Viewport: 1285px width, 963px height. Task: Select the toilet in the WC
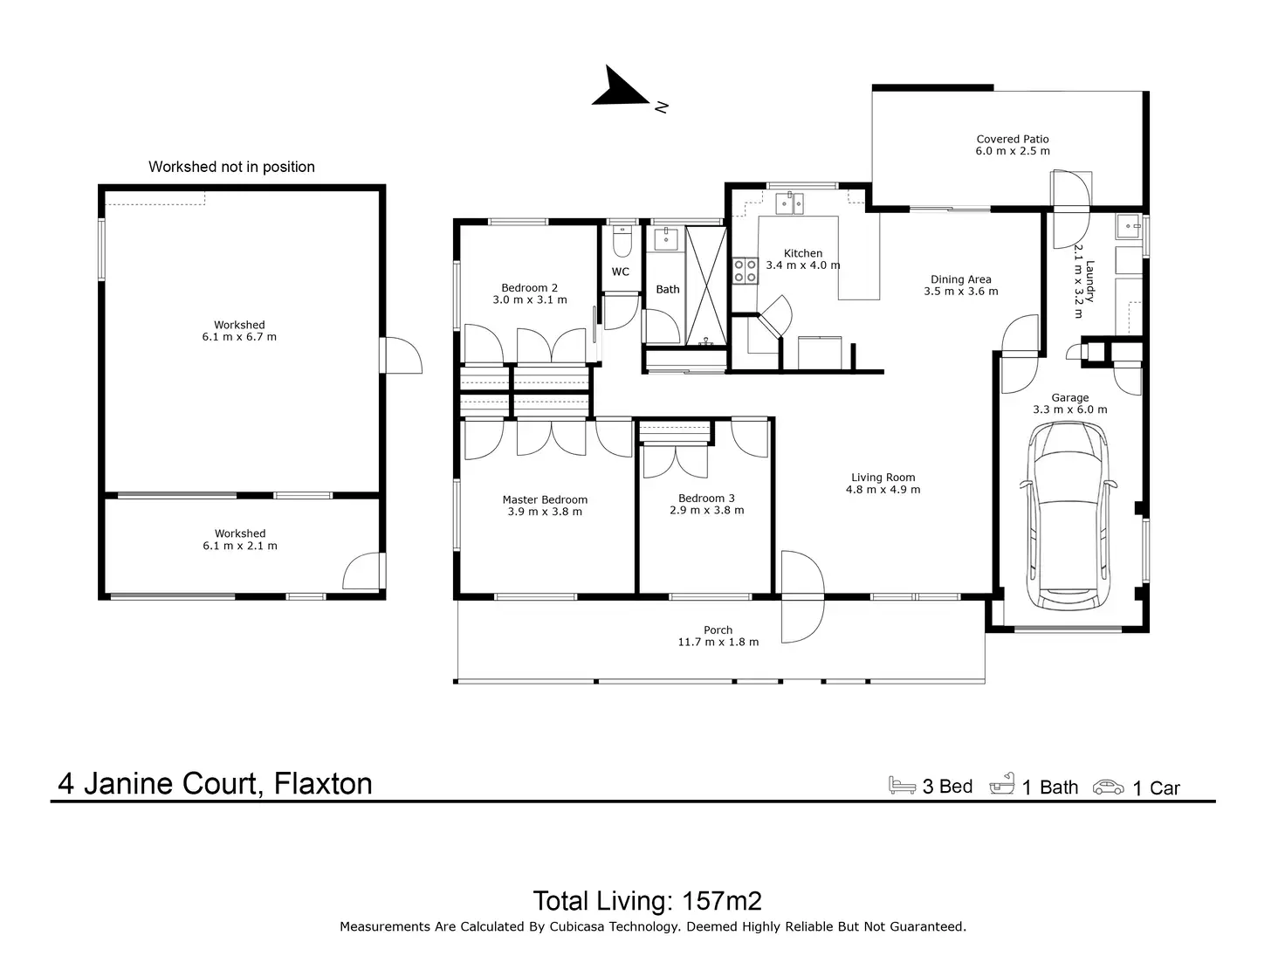tap(622, 240)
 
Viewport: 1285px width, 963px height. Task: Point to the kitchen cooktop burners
tap(746, 271)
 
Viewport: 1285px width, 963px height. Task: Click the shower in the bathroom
tap(705, 285)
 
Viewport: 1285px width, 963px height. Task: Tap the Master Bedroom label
tap(545, 500)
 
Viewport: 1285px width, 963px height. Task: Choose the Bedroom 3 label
tap(706, 499)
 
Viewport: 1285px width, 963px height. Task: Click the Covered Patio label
tap(1013, 139)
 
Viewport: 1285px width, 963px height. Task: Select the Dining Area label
tap(960, 279)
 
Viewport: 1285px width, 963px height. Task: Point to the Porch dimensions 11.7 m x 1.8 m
tap(718, 642)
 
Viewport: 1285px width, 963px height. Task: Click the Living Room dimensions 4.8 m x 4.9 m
tap(883, 490)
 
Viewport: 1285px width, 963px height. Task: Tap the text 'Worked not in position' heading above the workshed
tap(231, 167)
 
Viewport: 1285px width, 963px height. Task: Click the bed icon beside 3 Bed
tap(902, 785)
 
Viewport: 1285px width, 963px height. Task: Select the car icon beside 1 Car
tap(1108, 786)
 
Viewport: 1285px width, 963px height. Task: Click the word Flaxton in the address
tap(323, 783)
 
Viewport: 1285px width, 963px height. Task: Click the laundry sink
tap(1128, 227)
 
